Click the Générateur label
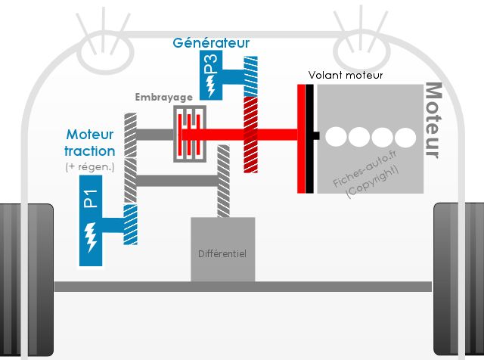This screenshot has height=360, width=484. click(x=211, y=43)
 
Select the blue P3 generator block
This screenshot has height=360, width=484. click(x=211, y=75)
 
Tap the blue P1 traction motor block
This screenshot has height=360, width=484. click(x=91, y=221)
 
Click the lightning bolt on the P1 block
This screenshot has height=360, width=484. click(x=91, y=237)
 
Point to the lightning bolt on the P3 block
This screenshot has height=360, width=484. click(x=211, y=87)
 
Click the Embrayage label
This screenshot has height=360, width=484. click(x=164, y=98)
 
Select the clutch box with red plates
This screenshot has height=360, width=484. click(x=190, y=134)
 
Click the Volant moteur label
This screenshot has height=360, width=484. click(x=346, y=75)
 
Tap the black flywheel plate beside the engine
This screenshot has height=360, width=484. click(x=309, y=138)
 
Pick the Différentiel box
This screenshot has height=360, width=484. click(x=223, y=250)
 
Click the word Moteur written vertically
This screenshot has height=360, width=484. click(x=433, y=120)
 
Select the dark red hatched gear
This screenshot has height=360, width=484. click(x=250, y=135)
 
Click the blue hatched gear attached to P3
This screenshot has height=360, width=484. click(x=250, y=76)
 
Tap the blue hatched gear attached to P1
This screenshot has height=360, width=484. click(x=130, y=224)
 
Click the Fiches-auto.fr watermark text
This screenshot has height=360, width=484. click(x=365, y=169)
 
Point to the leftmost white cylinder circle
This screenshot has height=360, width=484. click(x=336, y=137)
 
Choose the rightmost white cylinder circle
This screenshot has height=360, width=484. click(x=405, y=138)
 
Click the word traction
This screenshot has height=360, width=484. click(x=90, y=151)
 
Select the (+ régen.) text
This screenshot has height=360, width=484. click(x=90, y=166)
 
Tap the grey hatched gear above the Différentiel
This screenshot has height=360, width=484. click(x=223, y=181)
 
